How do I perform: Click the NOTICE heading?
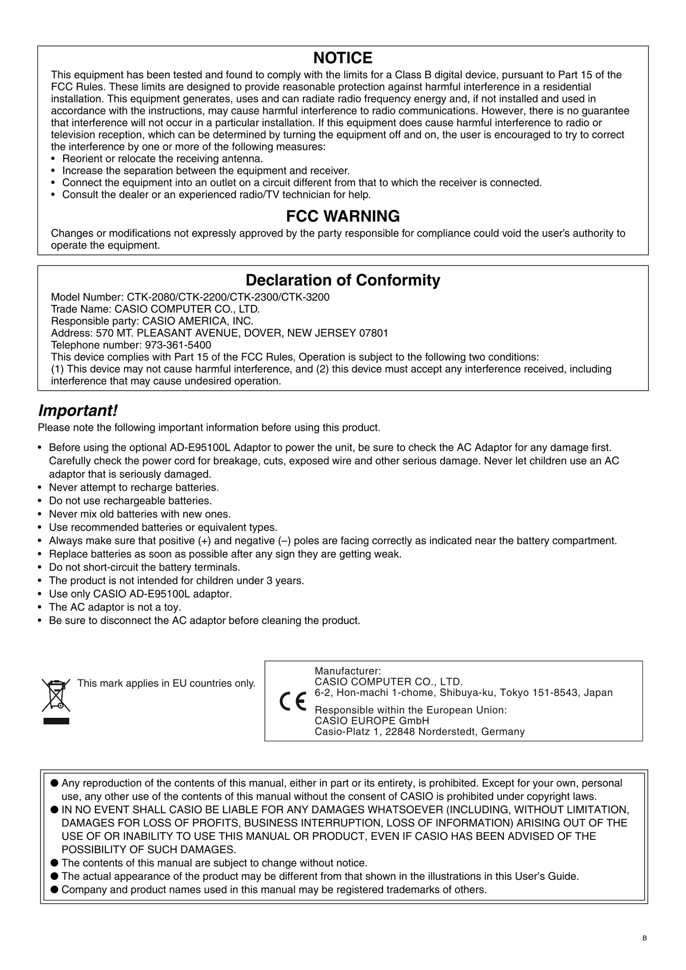point(343,58)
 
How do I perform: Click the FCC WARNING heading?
point(343,216)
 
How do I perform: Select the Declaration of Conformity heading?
point(343,280)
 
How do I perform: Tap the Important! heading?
point(77,409)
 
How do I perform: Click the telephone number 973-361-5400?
point(178,345)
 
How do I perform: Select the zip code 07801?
point(374,333)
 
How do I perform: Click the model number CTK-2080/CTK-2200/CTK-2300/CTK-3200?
point(228,297)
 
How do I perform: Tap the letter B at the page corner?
point(644,938)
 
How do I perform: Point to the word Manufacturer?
point(348,671)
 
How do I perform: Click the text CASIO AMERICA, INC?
point(198,321)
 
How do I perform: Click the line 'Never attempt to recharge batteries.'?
point(134,487)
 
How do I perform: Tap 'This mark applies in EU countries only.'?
point(166,684)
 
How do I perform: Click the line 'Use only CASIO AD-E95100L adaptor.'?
point(141,594)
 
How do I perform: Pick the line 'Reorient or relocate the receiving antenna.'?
point(162,159)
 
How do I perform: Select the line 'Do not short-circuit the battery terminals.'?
point(144,567)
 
